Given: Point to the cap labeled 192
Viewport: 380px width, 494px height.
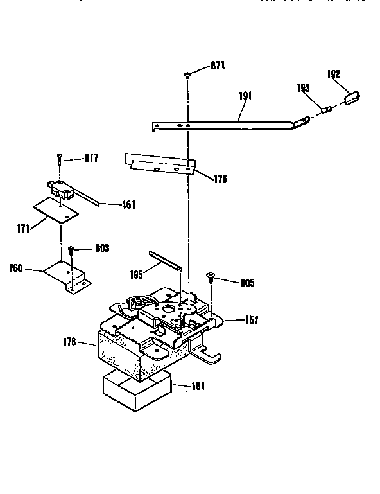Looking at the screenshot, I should tap(352, 98).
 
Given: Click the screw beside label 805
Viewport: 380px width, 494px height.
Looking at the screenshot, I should tap(210, 277).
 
